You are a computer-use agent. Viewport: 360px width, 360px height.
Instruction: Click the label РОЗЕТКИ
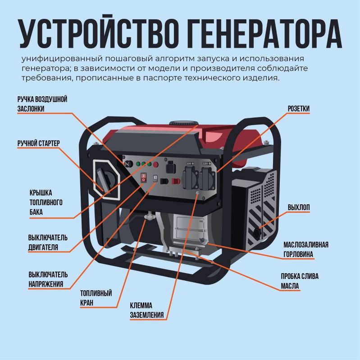[299, 108]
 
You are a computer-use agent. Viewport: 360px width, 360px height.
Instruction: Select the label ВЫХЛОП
[299, 207]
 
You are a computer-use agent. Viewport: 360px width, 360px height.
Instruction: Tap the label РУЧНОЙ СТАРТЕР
[39, 143]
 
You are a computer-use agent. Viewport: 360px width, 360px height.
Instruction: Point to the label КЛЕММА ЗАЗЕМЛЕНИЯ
[147, 310]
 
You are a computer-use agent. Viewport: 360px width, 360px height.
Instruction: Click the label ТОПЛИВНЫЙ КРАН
[96, 298]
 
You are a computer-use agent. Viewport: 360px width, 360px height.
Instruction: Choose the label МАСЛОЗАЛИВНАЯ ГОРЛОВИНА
[306, 249]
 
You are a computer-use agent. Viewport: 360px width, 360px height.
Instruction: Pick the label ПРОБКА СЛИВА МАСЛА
[300, 281]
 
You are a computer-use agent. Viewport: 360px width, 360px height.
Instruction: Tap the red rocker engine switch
[143, 177]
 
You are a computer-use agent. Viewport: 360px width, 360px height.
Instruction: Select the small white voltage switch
[155, 178]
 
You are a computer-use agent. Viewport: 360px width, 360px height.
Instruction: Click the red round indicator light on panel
[155, 164]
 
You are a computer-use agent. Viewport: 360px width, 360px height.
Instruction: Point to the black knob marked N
[128, 164]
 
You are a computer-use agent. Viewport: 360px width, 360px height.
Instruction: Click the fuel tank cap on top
[183, 123]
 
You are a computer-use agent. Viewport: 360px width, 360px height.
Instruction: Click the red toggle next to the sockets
[176, 181]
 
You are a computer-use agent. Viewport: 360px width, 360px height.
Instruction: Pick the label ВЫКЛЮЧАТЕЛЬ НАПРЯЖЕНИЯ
[48, 279]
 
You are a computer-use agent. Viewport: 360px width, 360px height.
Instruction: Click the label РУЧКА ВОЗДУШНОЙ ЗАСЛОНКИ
[42, 104]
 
